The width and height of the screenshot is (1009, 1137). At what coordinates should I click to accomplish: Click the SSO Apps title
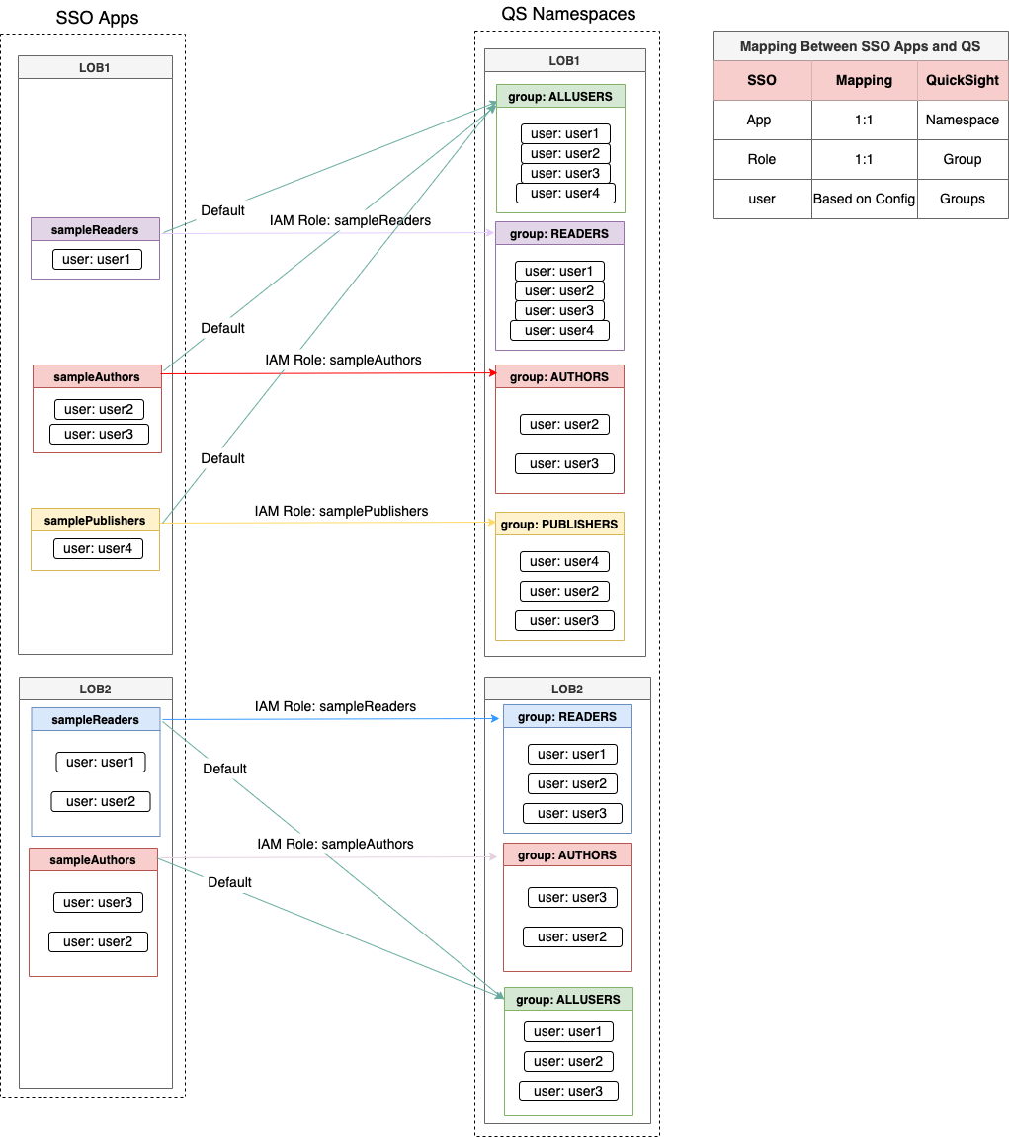tap(98, 18)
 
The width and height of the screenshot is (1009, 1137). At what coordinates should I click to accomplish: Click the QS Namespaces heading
tap(568, 14)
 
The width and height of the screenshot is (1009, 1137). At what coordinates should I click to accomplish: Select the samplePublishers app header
tap(95, 520)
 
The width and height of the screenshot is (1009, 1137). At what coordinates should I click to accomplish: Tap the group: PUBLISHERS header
tap(559, 525)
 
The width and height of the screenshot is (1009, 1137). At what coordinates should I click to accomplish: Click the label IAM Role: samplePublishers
tap(341, 511)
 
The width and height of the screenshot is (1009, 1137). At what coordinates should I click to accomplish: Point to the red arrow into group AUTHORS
tap(326, 373)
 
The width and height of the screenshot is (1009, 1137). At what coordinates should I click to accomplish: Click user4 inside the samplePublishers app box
tap(98, 549)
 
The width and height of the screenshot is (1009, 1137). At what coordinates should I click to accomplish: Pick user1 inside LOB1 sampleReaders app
tap(96, 260)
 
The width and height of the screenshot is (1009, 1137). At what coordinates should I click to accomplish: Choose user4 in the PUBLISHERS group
tap(563, 561)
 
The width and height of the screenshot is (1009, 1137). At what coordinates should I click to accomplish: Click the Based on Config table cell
tap(864, 199)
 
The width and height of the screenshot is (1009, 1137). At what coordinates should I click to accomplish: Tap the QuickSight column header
tap(962, 80)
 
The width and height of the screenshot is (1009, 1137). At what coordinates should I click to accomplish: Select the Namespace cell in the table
tap(962, 120)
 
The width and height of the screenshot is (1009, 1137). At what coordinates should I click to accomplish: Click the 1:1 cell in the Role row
tap(864, 159)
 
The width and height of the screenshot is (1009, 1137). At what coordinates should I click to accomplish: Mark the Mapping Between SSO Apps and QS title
tap(860, 46)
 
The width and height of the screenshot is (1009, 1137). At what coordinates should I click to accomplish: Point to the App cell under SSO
tap(759, 120)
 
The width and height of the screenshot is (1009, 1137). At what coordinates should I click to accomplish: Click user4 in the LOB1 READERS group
tap(559, 331)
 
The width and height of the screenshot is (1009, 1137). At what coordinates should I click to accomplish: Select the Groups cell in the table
tap(962, 199)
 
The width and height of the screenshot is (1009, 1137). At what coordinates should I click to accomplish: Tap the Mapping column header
tap(864, 80)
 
